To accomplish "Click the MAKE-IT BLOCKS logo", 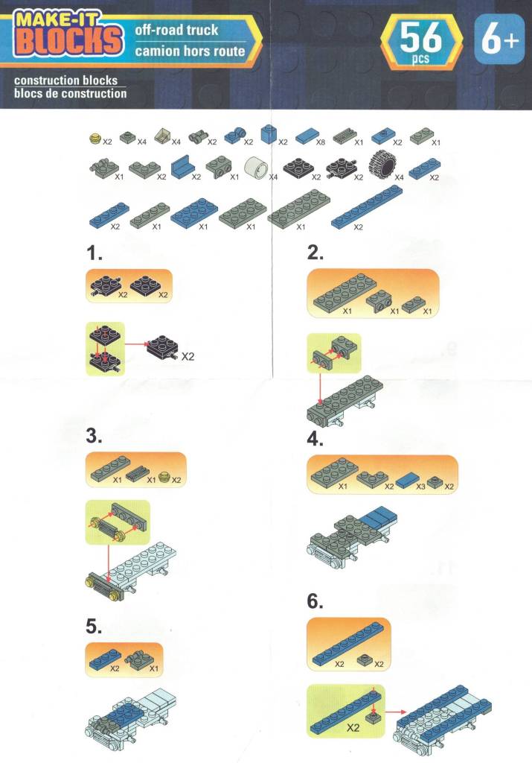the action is [68, 33].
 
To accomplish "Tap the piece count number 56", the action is [420, 38].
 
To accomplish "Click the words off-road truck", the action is [176, 30].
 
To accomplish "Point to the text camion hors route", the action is [190, 51].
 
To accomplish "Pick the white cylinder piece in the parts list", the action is [256, 168].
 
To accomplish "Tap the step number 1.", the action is [94, 253].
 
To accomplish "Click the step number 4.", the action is [315, 439].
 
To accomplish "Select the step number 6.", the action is [315, 601].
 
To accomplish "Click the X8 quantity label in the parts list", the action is [320, 142].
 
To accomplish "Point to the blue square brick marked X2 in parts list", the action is [268, 134].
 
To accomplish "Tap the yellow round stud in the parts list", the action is [96, 139].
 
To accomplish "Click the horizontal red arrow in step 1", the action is [136, 344].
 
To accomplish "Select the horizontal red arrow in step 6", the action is [397, 712].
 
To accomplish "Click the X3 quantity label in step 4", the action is [420, 486].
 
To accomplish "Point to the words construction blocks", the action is [65, 80].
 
